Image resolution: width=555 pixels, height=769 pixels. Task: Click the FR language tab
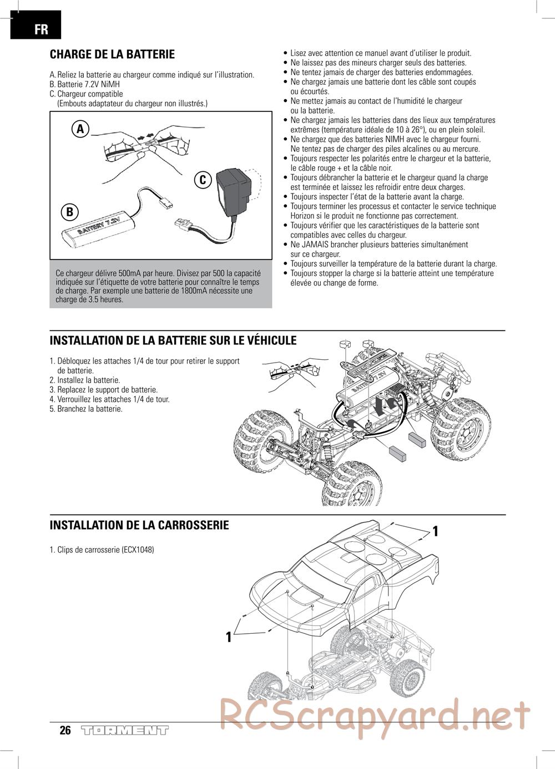(36, 28)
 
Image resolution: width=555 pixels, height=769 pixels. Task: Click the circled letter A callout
(80, 129)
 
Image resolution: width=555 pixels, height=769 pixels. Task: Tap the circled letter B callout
(69, 212)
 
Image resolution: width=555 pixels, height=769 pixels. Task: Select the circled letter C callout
(203, 179)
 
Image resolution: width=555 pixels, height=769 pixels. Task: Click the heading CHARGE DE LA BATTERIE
(112, 54)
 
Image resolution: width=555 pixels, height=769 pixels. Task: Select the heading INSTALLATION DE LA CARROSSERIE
(139, 525)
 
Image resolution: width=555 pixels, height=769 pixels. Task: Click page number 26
(65, 730)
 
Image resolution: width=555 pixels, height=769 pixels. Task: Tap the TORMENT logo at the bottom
(124, 730)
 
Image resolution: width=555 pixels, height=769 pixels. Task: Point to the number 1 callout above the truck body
(436, 531)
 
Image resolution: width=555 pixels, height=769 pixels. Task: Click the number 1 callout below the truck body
(228, 637)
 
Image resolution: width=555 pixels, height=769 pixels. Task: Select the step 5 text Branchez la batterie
(89, 409)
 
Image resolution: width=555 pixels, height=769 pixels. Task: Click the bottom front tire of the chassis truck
(352, 483)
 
